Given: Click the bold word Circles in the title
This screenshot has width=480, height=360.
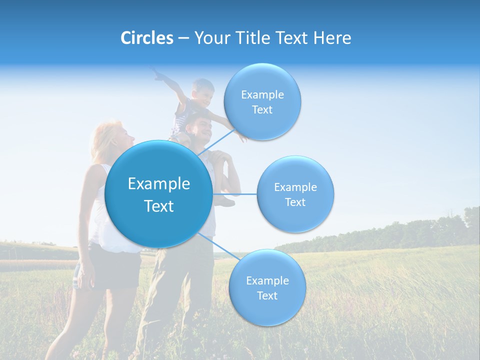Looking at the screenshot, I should coord(146,38).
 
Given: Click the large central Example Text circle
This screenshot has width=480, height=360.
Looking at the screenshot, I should coord(158,194).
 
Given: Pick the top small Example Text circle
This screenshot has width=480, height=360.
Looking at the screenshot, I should coord(262,102).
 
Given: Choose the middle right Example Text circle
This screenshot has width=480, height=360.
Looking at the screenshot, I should coord(295,194).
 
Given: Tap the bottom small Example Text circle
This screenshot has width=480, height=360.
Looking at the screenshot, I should coord(267,288).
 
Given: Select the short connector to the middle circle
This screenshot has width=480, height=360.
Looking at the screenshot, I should coord(235,194).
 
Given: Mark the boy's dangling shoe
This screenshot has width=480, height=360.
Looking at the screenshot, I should coord(224,201).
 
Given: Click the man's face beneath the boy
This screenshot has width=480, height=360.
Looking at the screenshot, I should coord(202,129).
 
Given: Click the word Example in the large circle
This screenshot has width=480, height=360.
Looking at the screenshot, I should coord(158,184).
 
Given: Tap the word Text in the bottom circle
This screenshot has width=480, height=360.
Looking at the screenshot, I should coord(267,295).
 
